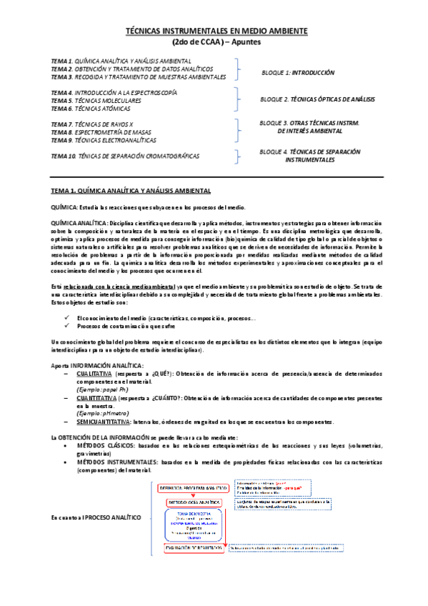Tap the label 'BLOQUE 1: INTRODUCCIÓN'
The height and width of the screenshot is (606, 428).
[x=298, y=72]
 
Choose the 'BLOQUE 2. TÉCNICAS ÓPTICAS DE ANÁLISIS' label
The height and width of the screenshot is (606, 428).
[x=317, y=99]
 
